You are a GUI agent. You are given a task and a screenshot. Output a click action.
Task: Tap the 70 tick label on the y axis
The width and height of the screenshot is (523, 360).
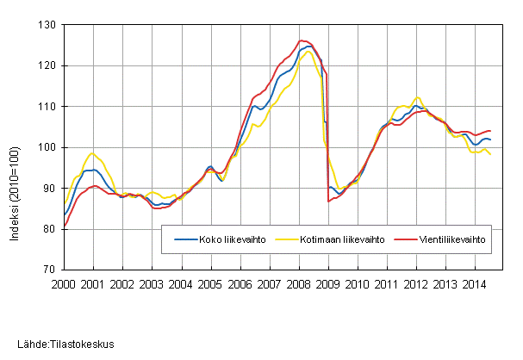pyautogui.click(x=47, y=270)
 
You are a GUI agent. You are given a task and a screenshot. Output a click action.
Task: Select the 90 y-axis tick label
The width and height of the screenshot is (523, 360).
pyautogui.click(x=47, y=188)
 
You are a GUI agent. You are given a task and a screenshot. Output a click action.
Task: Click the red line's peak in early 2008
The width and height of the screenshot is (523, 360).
pyautogui.click(x=301, y=40)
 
